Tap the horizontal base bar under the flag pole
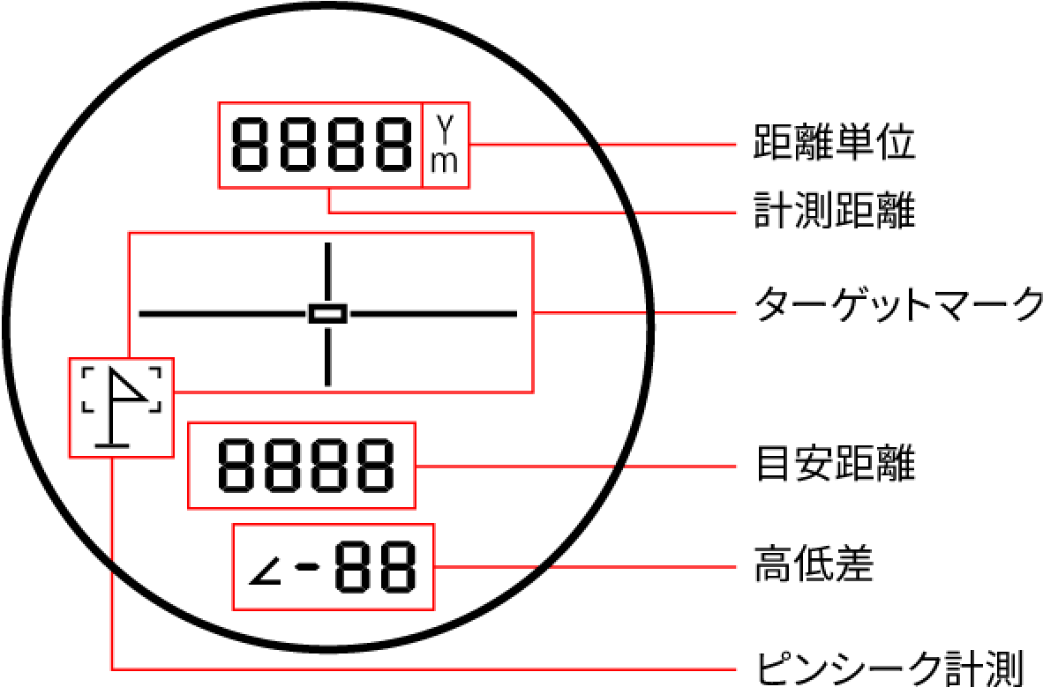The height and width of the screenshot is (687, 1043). click(x=112, y=445)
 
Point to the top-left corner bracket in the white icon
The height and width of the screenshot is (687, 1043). click(x=86, y=372)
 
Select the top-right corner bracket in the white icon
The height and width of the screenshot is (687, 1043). click(x=156, y=372)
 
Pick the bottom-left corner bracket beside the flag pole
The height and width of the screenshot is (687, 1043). click(x=86, y=407)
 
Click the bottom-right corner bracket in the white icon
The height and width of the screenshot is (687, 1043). click(x=156, y=407)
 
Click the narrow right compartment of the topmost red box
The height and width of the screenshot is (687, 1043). click(x=446, y=146)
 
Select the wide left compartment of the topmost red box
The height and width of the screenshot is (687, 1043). click(x=319, y=146)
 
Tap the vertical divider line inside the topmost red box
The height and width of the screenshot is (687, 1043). click(x=422, y=146)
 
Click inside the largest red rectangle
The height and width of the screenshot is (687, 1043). click(x=331, y=312)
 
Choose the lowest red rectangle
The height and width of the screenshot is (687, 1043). click(x=334, y=567)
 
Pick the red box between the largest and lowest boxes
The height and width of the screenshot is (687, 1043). click(x=302, y=466)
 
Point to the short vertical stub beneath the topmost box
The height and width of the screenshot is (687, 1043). click(x=329, y=200)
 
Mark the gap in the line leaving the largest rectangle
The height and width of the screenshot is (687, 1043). click(x=650, y=313)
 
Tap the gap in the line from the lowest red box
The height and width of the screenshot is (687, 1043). click(x=544, y=567)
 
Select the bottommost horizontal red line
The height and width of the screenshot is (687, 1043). click(x=424, y=669)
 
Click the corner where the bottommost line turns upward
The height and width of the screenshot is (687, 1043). click(x=112, y=668)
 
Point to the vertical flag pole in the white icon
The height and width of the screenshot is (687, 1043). click(x=112, y=414)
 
